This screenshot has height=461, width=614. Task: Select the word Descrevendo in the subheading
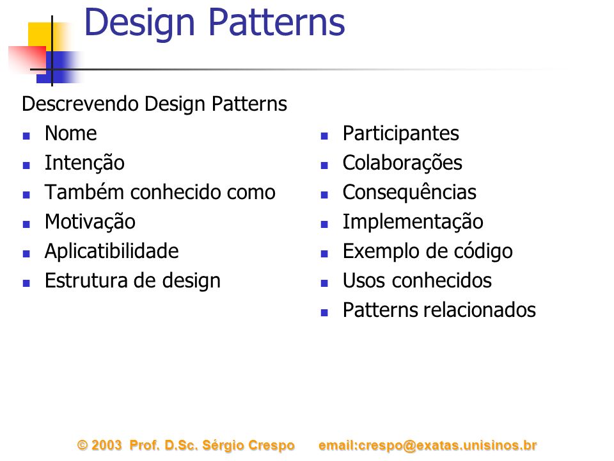81,104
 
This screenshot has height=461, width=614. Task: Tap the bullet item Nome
71,133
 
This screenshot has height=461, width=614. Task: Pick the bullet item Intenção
84,163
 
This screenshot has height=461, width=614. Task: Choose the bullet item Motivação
90,222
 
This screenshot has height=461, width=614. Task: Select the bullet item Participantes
400,134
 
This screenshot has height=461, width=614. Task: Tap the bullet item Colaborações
402,163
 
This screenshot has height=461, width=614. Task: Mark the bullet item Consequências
409,193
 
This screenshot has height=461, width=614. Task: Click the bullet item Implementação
413,222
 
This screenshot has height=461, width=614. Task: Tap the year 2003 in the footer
107,446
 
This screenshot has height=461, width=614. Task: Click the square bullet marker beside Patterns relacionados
324,313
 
